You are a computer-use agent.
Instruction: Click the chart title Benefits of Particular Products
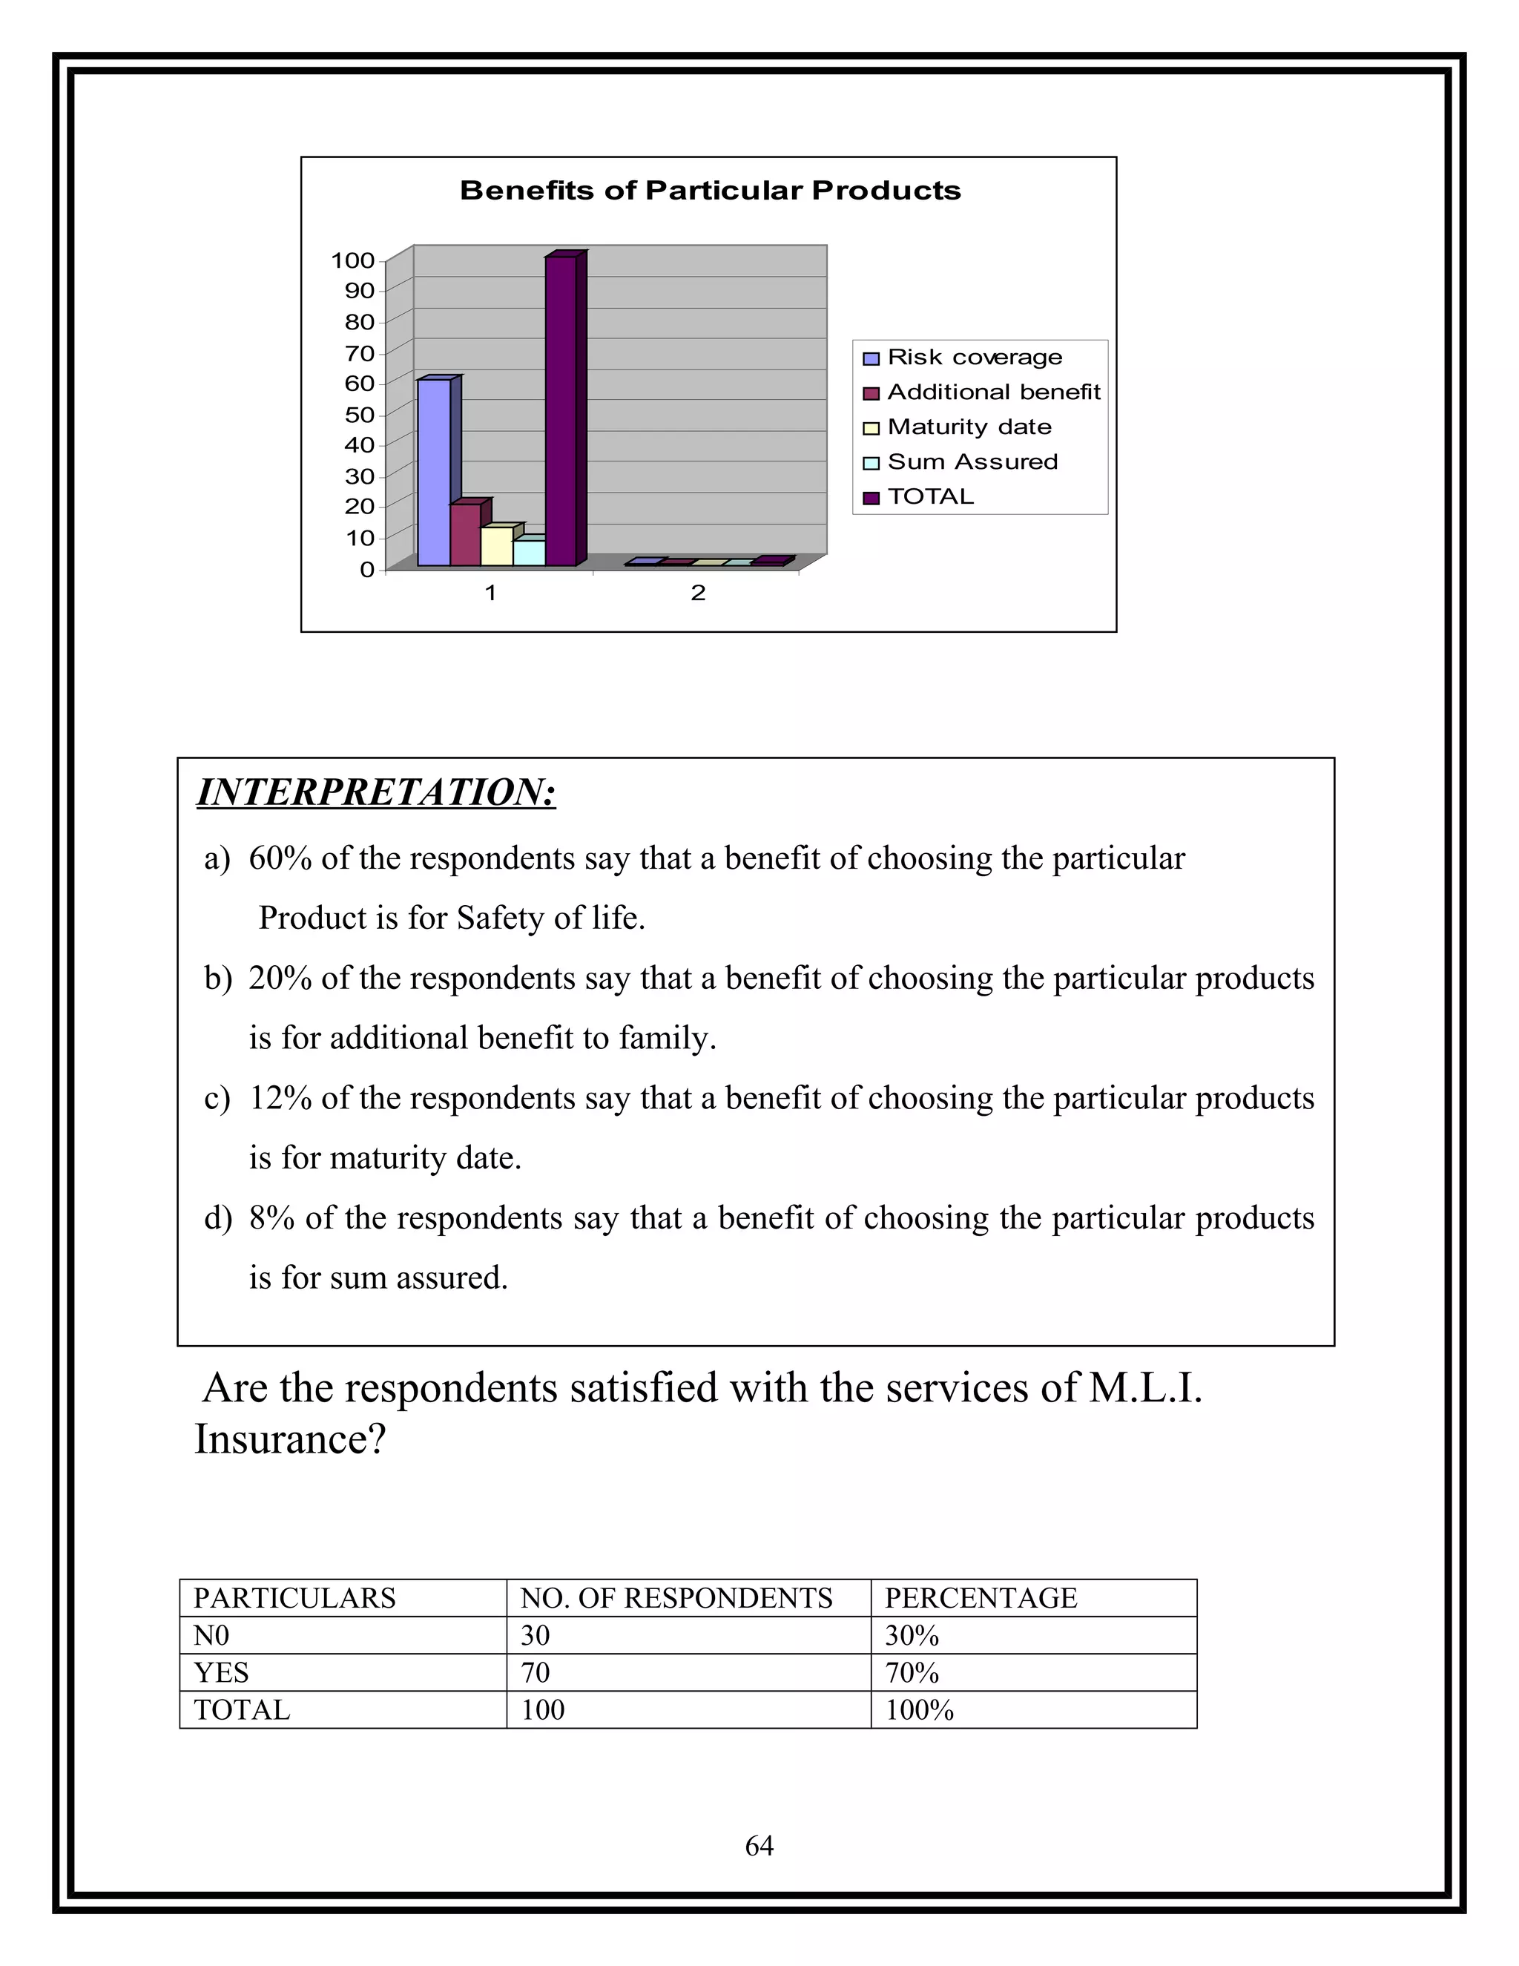(710, 191)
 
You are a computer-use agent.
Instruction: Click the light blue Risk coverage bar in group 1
(434, 472)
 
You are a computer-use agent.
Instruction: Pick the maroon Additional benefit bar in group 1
(465, 535)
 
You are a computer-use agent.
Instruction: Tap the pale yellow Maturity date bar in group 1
(497, 547)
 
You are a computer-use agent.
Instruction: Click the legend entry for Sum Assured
(972, 461)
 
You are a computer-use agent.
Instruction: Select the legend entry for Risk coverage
(974, 358)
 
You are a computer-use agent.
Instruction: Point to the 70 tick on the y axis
(360, 353)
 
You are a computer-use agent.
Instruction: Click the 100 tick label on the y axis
(353, 261)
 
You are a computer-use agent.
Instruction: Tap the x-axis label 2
(697, 594)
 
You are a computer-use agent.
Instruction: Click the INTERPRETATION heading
(376, 793)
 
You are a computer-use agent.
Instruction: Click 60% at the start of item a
(280, 859)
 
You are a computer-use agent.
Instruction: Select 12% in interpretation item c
(280, 1098)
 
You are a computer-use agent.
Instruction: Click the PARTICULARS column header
(295, 1598)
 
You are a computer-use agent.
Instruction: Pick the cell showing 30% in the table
(912, 1636)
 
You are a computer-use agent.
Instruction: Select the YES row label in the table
(221, 1672)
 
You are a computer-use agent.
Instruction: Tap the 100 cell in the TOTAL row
(543, 1709)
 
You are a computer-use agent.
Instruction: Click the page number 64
(759, 1847)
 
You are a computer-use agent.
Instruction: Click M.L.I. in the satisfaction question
(1145, 1389)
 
